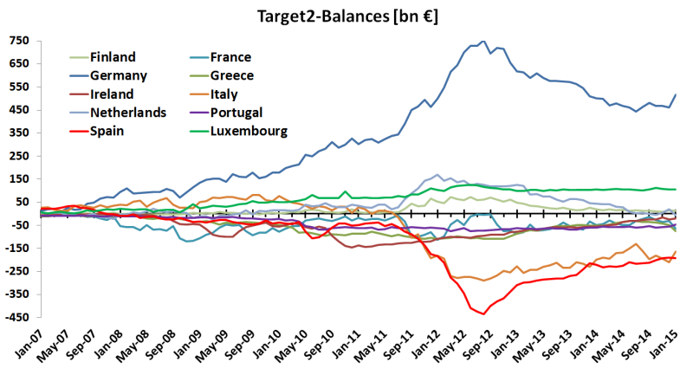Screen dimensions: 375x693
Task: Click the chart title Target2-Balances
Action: pyautogui.click(x=346, y=15)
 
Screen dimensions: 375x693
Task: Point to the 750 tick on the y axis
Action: pyautogui.click(x=19, y=41)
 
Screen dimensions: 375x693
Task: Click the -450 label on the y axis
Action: pyautogui.click(x=17, y=316)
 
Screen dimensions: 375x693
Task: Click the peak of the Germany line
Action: pyautogui.click(x=483, y=41)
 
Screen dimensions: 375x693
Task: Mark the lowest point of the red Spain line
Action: pyautogui.click(x=483, y=314)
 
